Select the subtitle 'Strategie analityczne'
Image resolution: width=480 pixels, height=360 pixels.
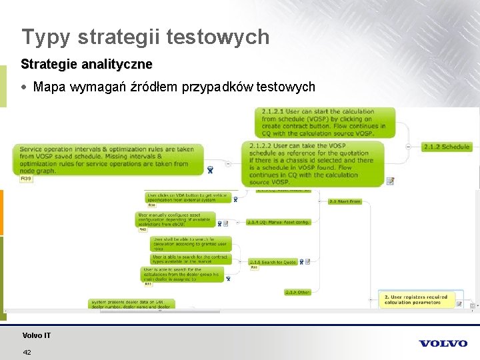[87, 65]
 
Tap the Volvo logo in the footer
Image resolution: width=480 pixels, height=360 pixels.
[443, 343]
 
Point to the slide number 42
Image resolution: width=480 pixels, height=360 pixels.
[27, 352]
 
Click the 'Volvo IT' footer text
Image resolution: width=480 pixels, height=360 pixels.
[36, 335]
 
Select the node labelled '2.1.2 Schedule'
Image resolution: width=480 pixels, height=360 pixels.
[447, 147]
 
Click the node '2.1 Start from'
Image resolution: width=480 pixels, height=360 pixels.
[345, 201]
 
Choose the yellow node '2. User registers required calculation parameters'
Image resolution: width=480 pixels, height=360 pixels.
[415, 299]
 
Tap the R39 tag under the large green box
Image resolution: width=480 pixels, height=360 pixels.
[26, 179]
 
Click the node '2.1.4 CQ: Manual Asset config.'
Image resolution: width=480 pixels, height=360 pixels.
[278, 222]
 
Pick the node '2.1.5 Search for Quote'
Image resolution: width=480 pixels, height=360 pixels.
[273, 262]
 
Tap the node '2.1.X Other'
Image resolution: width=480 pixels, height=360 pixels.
[297, 292]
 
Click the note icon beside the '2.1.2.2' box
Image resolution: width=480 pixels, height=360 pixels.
[390, 181]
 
